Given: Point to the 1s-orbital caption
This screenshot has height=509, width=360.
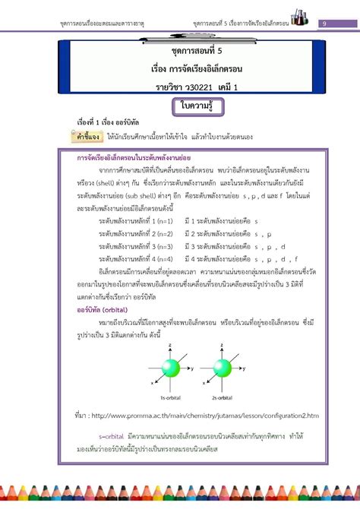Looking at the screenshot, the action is tap(169, 398).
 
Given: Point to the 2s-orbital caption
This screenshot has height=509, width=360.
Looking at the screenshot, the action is tap(224, 398).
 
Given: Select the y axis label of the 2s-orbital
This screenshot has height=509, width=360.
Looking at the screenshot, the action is tap(247, 368).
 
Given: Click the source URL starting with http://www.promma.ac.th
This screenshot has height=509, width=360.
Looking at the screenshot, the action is tap(206, 416).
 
